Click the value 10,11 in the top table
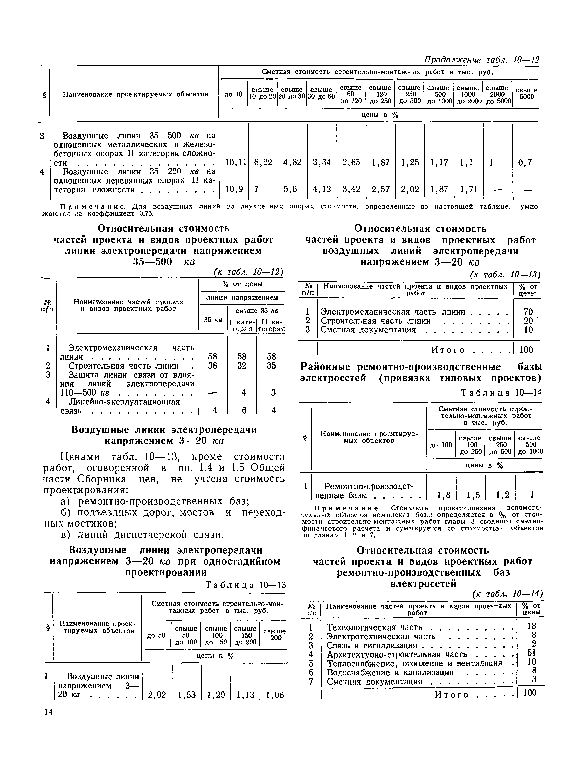pos(235,162)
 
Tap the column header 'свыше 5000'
pos(526,93)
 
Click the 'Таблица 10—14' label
pos(502,393)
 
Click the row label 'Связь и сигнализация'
pos(372,645)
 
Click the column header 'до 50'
pos(156,636)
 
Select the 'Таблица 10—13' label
pos(245,585)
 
